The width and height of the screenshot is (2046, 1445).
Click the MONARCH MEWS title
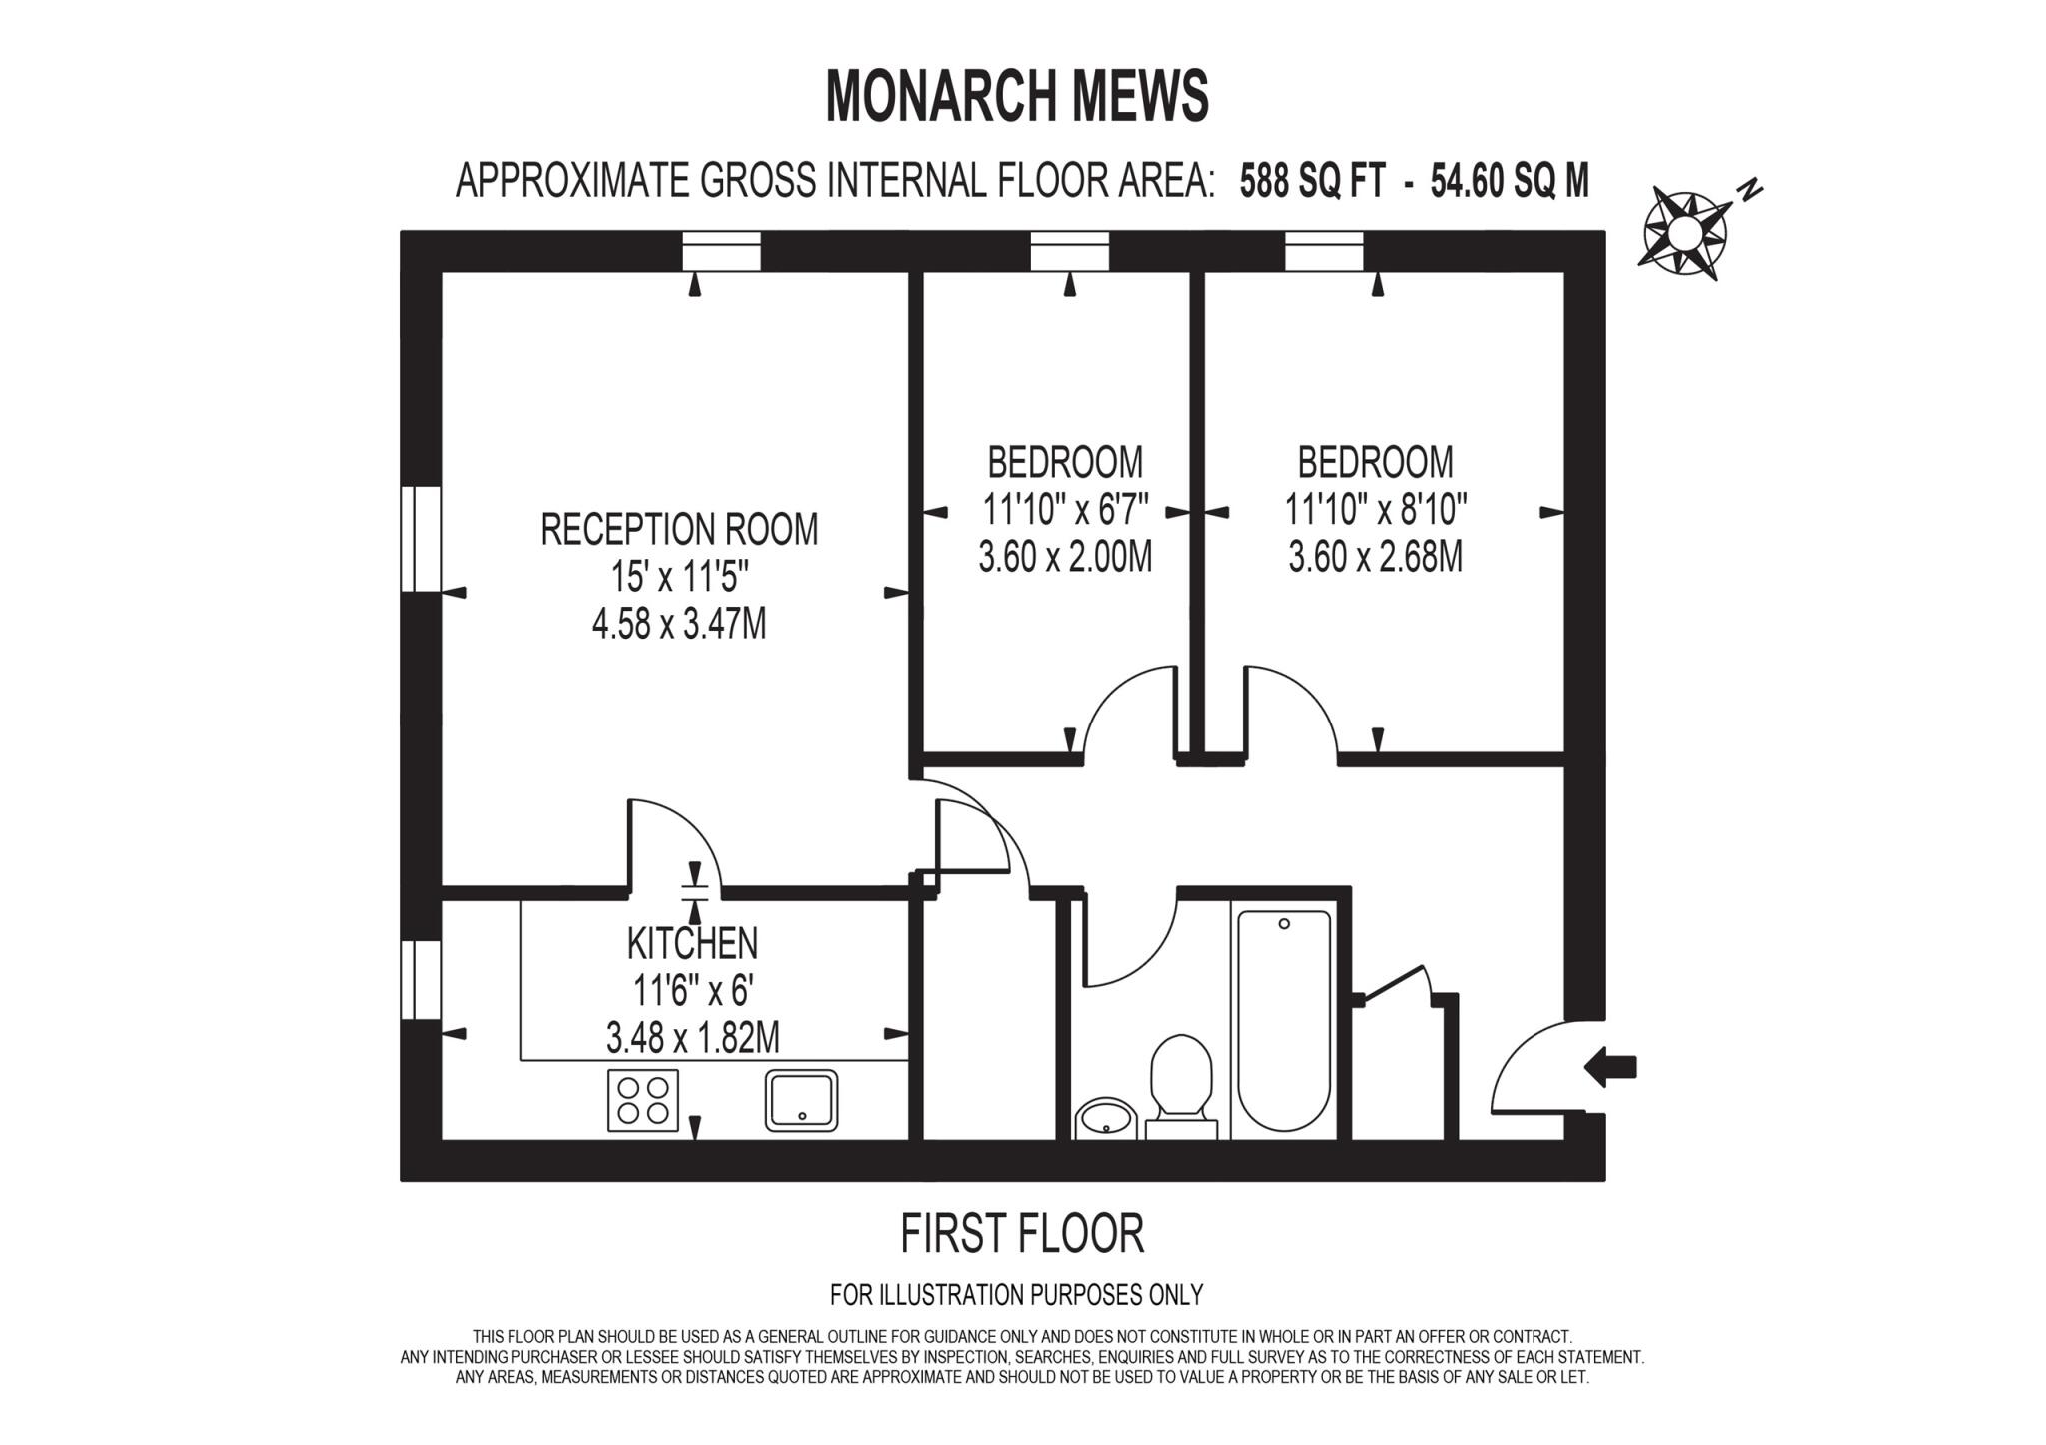coord(1017,97)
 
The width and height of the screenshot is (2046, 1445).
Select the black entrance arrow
coord(1610,1067)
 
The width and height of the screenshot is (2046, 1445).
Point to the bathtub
coord(1284,1020)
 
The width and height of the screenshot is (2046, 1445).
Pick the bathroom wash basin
coord(1106,1118)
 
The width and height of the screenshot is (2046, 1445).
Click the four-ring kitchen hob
coord(642,1100)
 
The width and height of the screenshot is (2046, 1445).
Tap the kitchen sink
coord(801,1100)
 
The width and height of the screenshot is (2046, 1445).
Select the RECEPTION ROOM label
coord(679,529)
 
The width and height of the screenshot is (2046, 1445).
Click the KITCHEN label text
coord(692,943)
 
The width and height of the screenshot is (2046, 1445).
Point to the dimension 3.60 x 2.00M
coord(1065,557)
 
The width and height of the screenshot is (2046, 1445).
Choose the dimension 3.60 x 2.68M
coord(1375,557)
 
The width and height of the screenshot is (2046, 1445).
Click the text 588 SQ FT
coord(1312,182)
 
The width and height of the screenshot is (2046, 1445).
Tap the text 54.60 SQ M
coord(1509,182)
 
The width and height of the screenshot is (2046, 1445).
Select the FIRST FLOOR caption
coord(1021,1234)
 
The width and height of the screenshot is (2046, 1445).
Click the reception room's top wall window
coord(721,251)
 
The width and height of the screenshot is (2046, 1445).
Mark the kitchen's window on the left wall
coord(421,979)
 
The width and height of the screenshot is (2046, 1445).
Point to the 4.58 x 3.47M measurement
coord(679,625)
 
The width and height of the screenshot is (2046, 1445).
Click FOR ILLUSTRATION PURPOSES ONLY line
coord(1016,1295)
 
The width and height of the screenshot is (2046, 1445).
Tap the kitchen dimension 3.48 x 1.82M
coord(692,1037)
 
